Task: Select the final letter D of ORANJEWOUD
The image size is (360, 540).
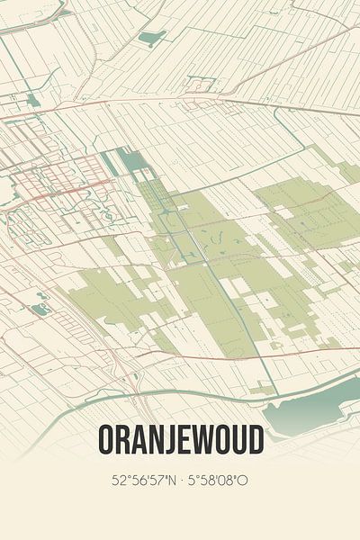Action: pos(256,441)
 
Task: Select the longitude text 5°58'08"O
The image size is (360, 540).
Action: pos(220,482)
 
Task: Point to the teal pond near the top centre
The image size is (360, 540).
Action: pos(152,38)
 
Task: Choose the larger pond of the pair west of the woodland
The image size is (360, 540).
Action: pos(40,308)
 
